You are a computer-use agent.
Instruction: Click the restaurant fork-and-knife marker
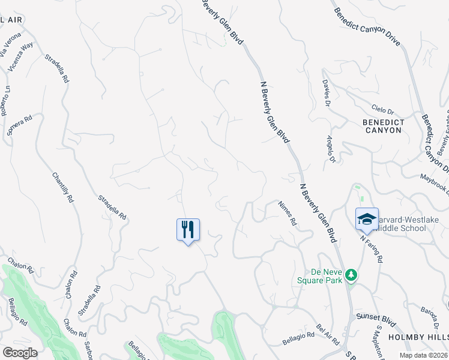click(x=188, y=229)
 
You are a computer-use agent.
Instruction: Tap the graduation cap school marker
click(x=367, y=219)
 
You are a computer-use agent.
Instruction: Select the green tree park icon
click(x=351, y=275)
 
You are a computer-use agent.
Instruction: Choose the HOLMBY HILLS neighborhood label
click(x=418, y=337)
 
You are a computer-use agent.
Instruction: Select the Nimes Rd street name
click(x=288, y=213)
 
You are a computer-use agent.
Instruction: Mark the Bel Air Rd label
click(x=324, y=336)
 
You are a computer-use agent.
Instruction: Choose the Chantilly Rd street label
click(x=62, y=188)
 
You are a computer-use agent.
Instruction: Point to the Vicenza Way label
click(x=25, y=53)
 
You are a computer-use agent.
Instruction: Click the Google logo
click(x=20, y=353)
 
